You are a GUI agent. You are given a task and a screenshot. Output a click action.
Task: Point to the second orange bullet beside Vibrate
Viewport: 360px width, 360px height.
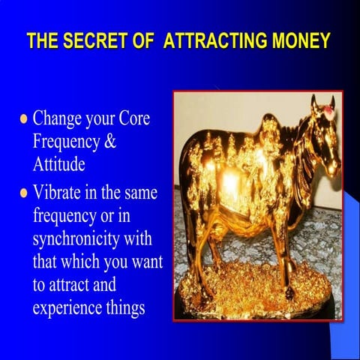click(23, 193)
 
